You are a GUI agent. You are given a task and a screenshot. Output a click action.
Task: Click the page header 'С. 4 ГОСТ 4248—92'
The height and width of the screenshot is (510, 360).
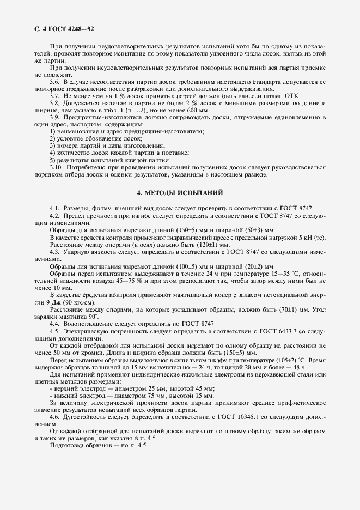click(x=65, y=28)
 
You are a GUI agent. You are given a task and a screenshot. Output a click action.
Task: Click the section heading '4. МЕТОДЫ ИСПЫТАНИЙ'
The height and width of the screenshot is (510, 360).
click(x=180, y=193)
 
